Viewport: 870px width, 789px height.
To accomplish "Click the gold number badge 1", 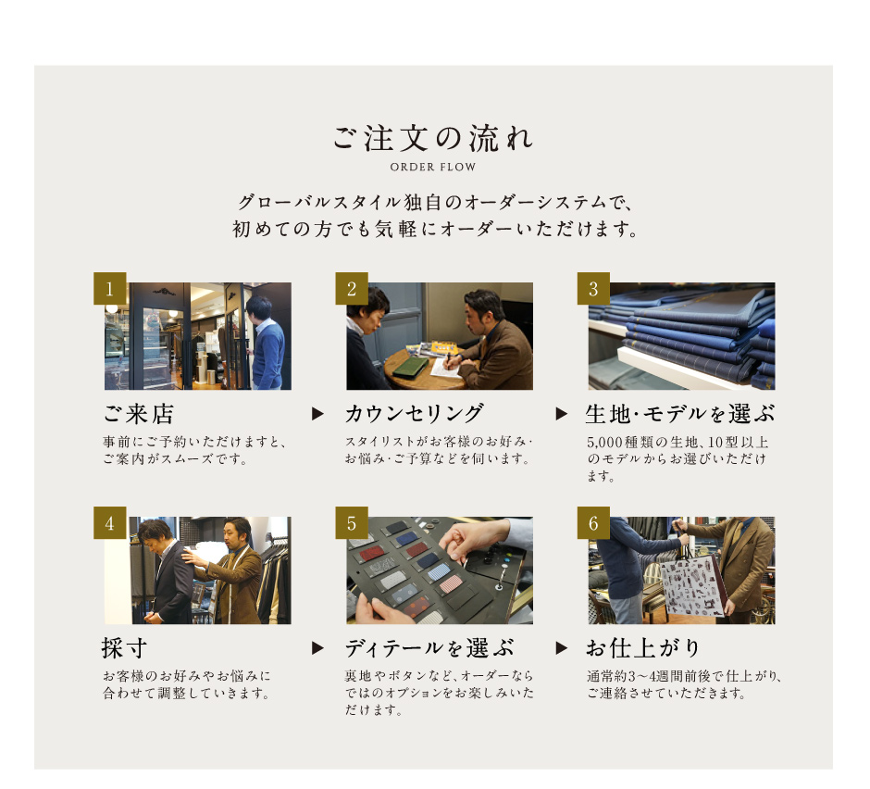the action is (110, 288).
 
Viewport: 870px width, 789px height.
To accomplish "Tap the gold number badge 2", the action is (352, 288).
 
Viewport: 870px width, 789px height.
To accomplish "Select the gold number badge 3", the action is (593, 288).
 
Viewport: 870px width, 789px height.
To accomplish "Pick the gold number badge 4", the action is (110, 522).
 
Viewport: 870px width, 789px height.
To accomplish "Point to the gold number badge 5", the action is (352, 522).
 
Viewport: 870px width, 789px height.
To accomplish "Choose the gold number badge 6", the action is (593, 522).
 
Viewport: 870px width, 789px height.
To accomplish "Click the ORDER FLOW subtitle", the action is (433, 167).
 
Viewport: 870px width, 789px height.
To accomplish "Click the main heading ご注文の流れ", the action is (433, 138).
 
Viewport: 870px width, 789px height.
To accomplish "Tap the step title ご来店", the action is (139, 414).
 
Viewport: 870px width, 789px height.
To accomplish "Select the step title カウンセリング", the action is (414, 414).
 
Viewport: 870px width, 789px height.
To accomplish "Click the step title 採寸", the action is (124, 648).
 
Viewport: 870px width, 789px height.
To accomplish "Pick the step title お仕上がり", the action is (643, 648).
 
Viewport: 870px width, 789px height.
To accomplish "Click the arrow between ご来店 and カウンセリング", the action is (317, 414).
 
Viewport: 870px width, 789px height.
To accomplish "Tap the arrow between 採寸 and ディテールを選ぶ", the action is (317, 648).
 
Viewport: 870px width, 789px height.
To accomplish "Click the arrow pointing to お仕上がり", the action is (562, 648).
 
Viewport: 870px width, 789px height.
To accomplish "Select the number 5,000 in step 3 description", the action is (604, 443).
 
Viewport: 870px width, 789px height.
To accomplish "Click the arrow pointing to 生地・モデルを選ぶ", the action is (562, 414).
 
